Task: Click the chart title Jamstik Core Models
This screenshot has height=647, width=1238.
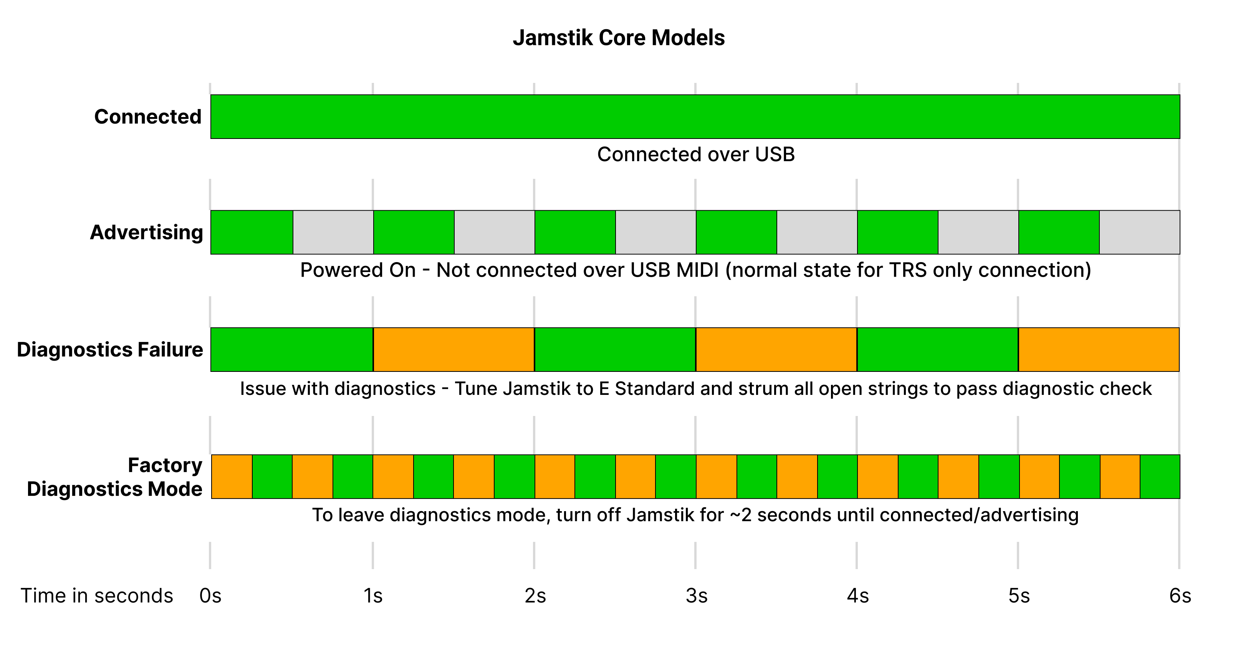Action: point(619,38)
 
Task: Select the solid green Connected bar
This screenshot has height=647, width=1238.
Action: point(695,117)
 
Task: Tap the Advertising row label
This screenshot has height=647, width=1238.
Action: point(147,233)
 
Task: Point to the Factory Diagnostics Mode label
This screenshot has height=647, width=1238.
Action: point(115,477)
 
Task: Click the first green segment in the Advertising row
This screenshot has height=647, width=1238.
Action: point(252,232)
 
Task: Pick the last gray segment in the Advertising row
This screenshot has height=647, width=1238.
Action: point(1139,232)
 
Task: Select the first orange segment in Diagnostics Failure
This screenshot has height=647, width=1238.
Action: point(453,350)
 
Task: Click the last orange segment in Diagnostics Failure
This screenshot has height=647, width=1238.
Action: point(1099,350)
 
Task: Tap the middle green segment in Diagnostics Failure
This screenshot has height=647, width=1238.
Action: point(615,350)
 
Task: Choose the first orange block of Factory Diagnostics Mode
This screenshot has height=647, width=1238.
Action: point(232,477)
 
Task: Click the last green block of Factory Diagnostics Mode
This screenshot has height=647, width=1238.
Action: point(1160,477)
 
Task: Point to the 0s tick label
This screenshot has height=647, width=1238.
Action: point(210,596)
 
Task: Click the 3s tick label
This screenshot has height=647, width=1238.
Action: point(697,596)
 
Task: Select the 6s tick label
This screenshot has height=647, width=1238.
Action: point(1180,596)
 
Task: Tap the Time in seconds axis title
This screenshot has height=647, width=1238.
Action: point(97,596)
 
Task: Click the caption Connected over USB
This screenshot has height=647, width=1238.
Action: point(696,155)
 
